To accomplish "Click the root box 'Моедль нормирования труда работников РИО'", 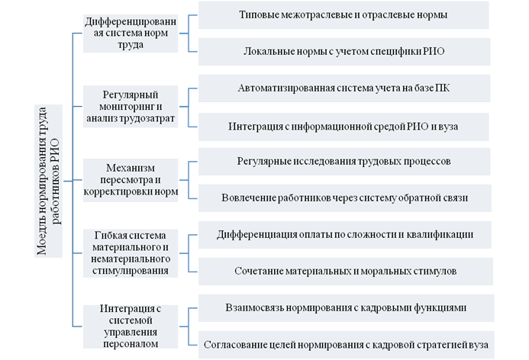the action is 48,181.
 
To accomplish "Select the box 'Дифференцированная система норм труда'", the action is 131,34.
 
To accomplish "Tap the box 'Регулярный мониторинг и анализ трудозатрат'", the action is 131,107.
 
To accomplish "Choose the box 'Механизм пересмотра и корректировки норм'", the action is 131,180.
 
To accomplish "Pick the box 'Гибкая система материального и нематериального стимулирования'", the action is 131,253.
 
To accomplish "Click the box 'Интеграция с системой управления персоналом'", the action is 131,326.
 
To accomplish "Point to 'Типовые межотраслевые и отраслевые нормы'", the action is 344,14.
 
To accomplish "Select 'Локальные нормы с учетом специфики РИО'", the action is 344,52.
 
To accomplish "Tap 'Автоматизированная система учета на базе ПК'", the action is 344,88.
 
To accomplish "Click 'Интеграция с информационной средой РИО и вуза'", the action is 344,127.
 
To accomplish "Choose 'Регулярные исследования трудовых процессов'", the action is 344,162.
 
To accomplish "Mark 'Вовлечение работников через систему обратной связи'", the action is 345,198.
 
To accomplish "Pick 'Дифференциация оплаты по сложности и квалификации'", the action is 345,235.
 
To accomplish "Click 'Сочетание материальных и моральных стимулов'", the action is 346,272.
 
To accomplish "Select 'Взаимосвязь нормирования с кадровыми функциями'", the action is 346,307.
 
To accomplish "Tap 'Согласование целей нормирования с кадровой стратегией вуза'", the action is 346,345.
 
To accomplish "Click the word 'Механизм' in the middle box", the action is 131,168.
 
